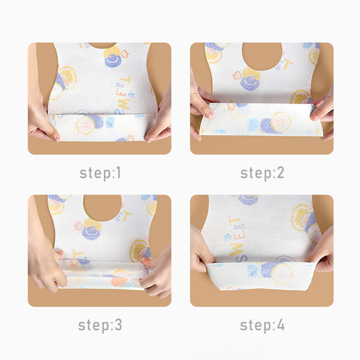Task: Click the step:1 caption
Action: (x=100, y=173)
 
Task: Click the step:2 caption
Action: (x=262, y=173)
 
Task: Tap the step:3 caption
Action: (x=100, y=325)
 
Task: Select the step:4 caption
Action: (x=262, y=325)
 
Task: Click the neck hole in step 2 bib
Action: (x=262, y=55)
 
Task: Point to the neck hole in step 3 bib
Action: (x=103, y=207)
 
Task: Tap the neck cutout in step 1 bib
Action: (x=103, y=45)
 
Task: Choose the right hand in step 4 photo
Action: (x=321, y=250)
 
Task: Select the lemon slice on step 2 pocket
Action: (x=281, y=122)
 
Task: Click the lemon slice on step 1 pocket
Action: (x=85, y=125)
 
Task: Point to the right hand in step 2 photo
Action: (x=323, y=115)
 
